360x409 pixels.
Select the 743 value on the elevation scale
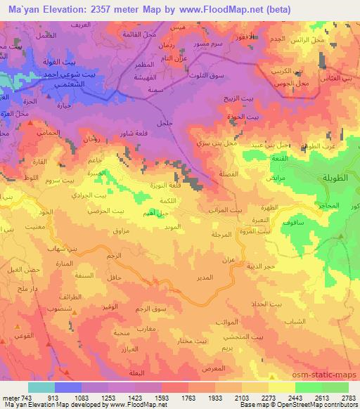tap(25, 398)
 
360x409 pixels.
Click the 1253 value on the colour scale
tap(107, 398)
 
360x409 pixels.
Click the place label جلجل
tap(164, 124)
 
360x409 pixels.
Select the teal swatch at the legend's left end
tap(41, 387)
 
